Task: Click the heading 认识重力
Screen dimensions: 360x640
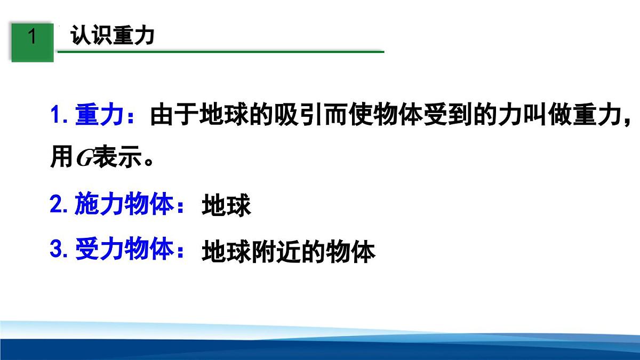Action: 113,36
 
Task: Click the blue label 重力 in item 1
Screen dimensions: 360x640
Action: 99,116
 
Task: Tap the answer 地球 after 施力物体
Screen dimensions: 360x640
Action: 226,207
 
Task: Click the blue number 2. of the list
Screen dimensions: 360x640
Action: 59,205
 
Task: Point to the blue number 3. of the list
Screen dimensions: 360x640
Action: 59,250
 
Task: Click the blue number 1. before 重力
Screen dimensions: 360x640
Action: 60,116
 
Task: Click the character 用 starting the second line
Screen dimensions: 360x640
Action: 61,159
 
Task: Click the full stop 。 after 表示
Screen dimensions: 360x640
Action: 150,163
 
